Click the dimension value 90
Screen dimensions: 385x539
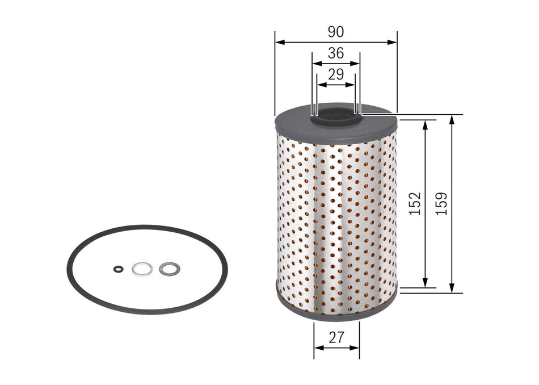(x=336, y=32)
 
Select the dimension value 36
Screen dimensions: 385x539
(x=336, y=53)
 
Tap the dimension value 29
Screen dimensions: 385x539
(x=336, y=74)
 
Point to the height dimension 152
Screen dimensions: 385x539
(x=415, y=203)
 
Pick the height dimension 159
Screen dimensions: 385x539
(x=442, y=203)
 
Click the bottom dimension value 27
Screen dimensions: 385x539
(x=336, y=337)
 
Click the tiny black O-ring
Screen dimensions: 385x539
(x=117, y=269)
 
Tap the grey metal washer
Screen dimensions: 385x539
(x=169, y=269)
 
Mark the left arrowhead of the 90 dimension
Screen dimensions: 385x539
(x=278, y=42)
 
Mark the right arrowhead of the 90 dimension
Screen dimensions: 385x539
(x=394, y=42)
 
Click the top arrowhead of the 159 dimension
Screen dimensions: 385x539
(x=452, y=118)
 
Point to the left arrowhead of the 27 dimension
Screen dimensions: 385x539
(x=317, y=348)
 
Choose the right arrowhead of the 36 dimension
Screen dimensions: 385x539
(x=357, y=64)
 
